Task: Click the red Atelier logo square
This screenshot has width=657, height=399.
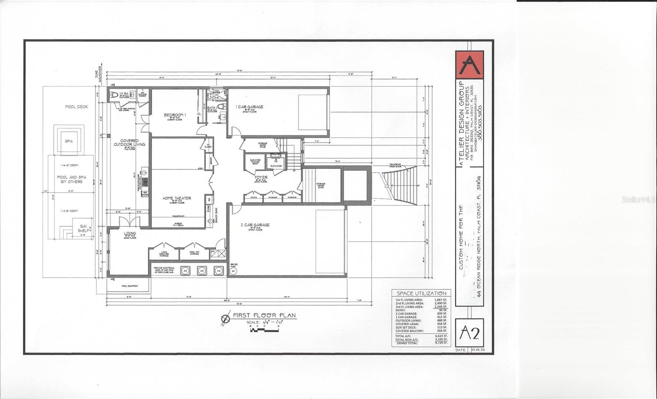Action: (469, 64)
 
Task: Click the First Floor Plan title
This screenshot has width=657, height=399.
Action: (264, 316)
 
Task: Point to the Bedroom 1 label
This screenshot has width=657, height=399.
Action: (175, 115)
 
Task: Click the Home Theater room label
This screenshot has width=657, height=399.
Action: (177, 198)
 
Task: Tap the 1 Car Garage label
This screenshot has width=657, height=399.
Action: (249, 107)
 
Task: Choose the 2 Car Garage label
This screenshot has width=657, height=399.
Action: (255, 225)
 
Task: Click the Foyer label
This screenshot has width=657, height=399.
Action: (261, 178)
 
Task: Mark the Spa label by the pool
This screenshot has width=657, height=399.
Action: (69, 141)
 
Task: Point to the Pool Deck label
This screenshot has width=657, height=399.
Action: (76, 107)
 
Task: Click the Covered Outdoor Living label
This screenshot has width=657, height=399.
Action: (129, 143)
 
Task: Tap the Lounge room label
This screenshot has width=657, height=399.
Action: (130, 233)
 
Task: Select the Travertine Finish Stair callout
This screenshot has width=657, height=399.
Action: (397, 166)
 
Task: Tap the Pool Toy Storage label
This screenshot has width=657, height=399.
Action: (194, 253)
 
